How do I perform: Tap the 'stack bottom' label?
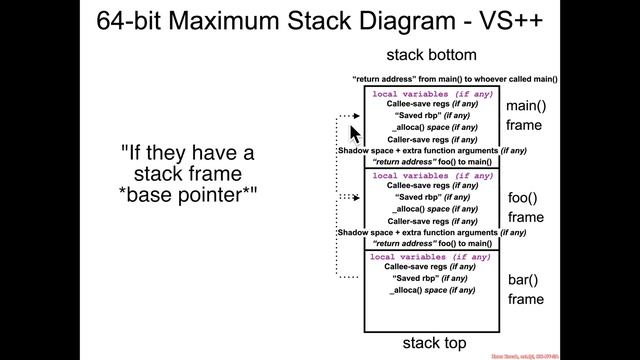(x=432, y=55)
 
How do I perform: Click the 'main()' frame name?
(x=525, y=106)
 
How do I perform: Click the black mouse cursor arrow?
(x=354, y=134)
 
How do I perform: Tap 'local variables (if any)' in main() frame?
(x=432, y=94)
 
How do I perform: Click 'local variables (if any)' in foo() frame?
(x=432, y=176)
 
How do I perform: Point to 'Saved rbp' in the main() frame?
(x=432, y=116)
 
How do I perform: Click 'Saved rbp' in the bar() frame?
(x=432, y=278)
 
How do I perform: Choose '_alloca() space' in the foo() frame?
(x=432, y=209)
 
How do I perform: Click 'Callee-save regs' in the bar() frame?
(x=432, y=267)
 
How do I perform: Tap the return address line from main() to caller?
(x=454, y=78)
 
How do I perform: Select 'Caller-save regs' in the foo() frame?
(x=432, y=221)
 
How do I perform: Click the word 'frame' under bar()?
(x=525, y=299)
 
